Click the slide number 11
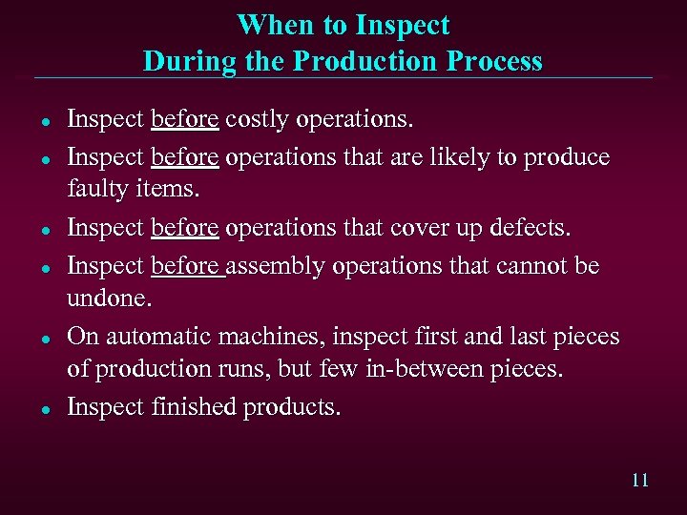[x=639, y=480]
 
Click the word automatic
[x=157, y=337]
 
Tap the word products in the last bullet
[x=290, y=406]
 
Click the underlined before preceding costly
[x=185, y=121]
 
